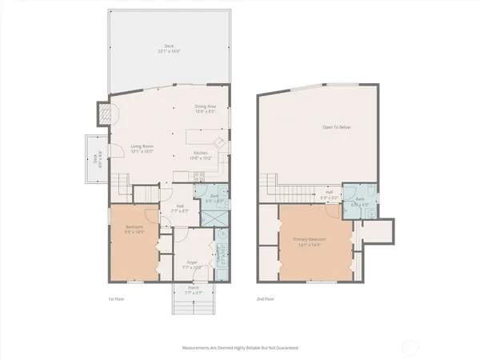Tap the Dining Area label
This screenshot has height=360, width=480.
pyautogui.click(x=206, y=110)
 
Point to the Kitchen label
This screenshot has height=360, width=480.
pyautogui.click(x=200, y=155)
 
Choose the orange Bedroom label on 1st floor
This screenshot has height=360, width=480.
pyautogui.click(x=134, y=230)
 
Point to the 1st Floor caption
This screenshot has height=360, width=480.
pyautogui.click(x=117, y=298)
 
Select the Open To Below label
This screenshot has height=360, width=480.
pyautogui.click(x=336, y=127)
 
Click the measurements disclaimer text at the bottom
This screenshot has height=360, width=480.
pyautogui.click(x=240, y=349)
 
